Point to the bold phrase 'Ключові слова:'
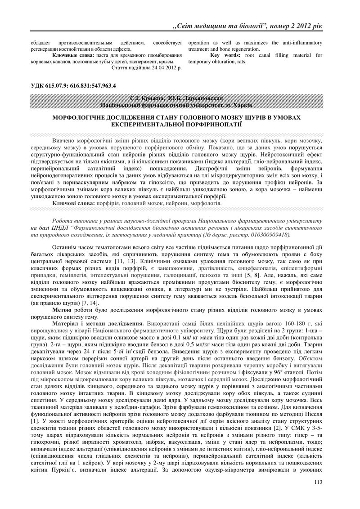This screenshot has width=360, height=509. (73, 204)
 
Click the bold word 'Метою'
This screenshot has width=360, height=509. (62, 310)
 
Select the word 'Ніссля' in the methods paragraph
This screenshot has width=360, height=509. (313, 418)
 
